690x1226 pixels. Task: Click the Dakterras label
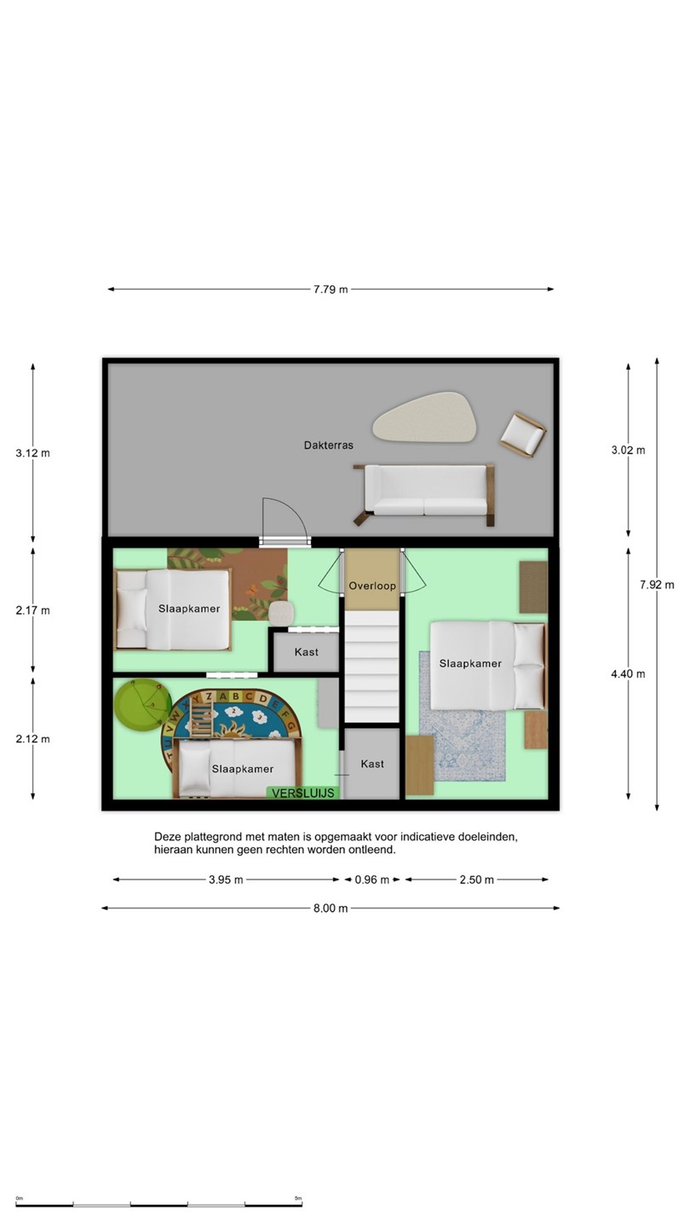329,445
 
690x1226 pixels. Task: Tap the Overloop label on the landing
372,586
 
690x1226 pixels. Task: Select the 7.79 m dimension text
331,289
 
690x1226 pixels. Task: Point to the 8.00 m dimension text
331,908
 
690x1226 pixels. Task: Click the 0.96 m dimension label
371,879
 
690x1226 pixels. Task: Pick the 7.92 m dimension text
657,585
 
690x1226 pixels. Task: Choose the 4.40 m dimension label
628,673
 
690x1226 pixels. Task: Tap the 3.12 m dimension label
33,453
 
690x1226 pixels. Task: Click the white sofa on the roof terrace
424,493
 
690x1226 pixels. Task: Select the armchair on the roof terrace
523,434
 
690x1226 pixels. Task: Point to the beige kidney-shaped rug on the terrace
425,416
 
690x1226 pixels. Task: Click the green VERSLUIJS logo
303,793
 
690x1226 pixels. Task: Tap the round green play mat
142,705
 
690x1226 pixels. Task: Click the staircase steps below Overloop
371,666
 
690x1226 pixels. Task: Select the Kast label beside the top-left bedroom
306,652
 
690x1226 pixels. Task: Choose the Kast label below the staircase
372,764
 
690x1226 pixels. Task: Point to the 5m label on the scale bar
298,1198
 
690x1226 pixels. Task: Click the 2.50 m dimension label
476,879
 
